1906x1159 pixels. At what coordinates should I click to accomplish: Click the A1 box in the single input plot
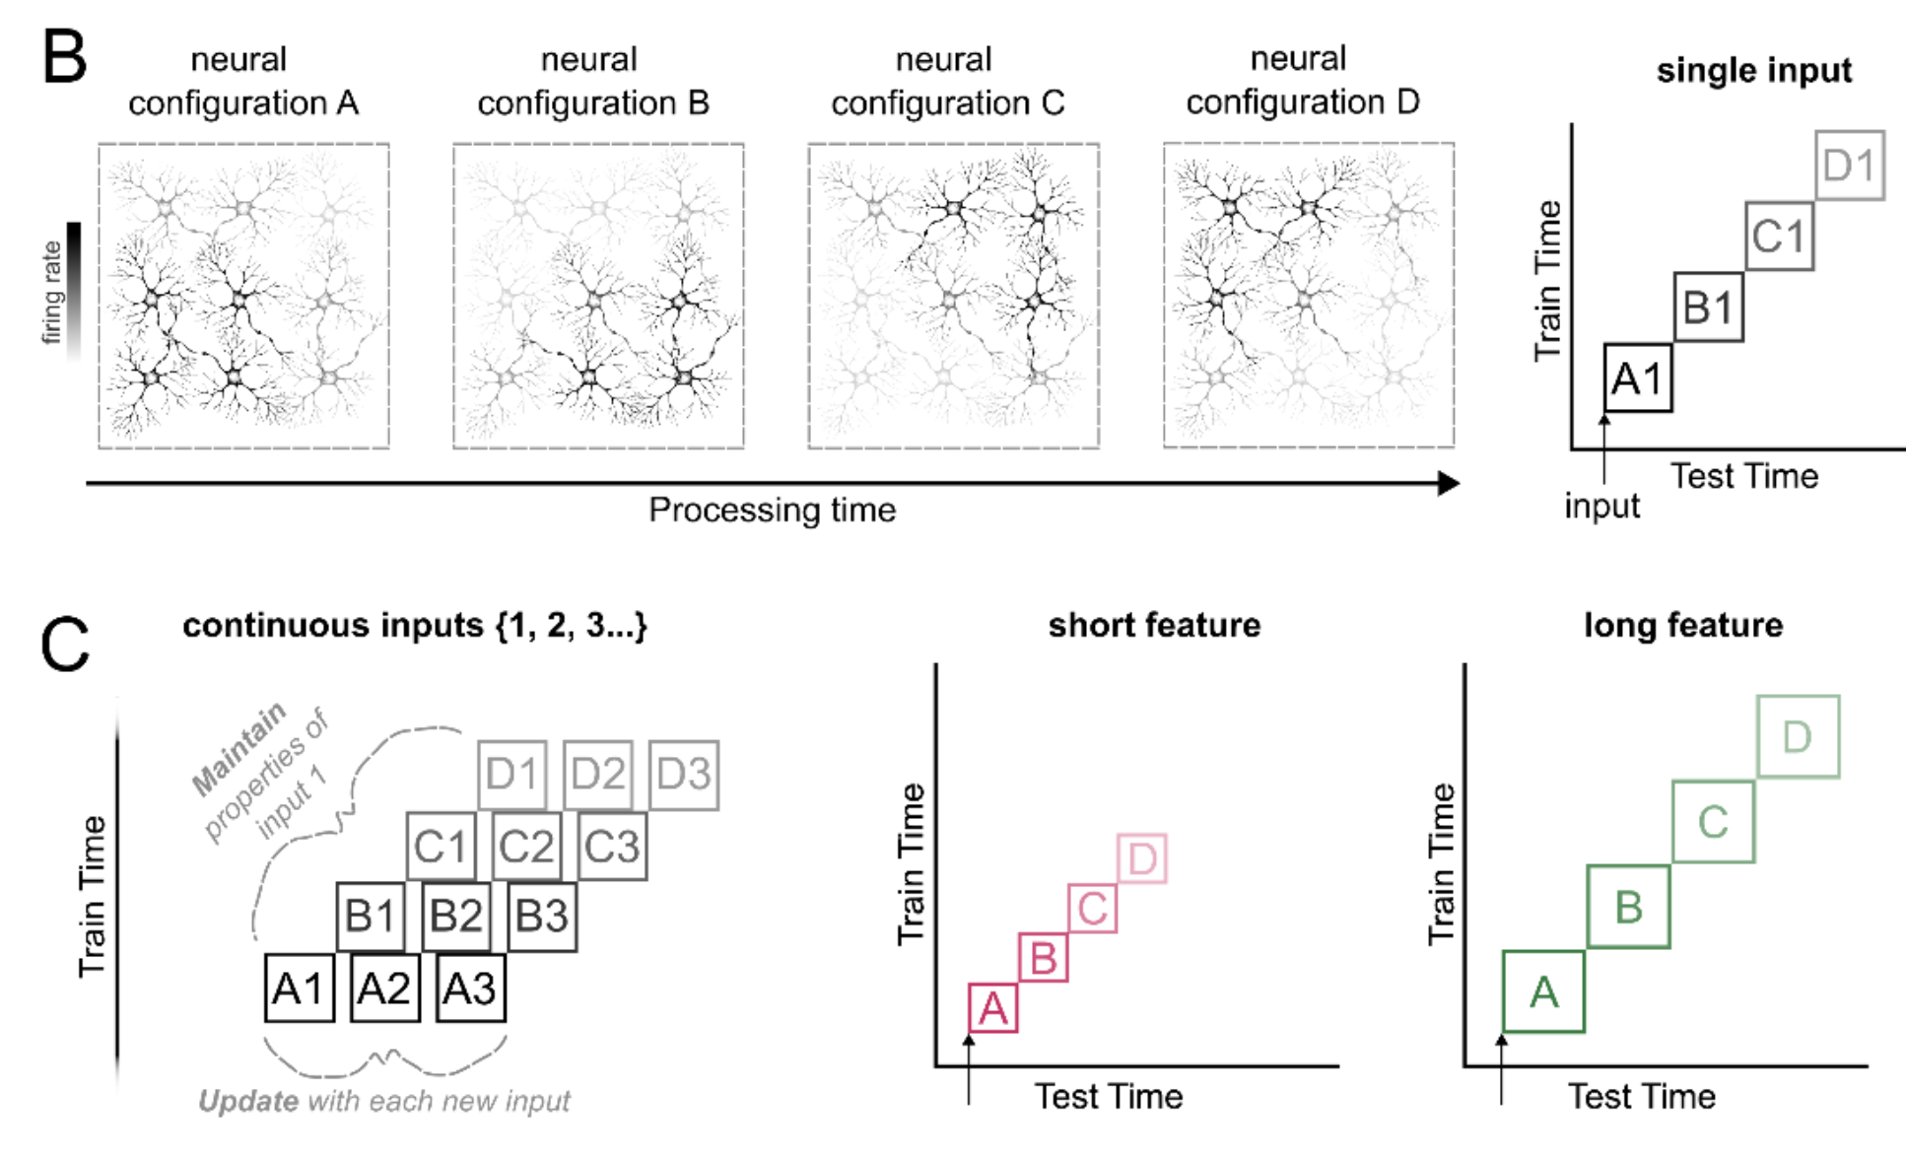[1638, 377]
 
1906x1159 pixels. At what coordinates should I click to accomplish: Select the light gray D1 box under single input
[1850, 166]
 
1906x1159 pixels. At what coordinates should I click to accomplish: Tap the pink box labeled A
[993, 1007]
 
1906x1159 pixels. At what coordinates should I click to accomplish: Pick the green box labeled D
[1798, 737]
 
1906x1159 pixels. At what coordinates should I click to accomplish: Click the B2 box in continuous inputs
[456, 917]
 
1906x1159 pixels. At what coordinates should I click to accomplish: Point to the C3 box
[612, 847]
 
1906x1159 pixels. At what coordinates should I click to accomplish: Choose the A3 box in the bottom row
[471, 988]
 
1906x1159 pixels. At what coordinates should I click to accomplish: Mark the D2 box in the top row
[598, 775]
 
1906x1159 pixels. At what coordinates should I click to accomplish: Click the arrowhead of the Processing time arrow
[1448, 483]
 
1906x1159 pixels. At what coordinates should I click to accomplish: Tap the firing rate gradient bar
[74, 291]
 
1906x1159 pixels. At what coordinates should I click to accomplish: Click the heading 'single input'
[1753, 71]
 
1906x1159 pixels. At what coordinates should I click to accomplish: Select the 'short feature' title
[1154, 625]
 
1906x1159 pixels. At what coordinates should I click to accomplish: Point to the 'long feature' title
[1683, 625]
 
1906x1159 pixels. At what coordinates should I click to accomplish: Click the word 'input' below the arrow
[1601, 506]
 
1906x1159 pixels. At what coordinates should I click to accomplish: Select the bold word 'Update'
[248, 1101]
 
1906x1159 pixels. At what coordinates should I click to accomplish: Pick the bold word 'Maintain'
[238, 748]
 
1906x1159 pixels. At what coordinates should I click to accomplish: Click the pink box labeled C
[1092, 909]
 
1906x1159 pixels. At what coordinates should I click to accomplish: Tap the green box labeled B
[1628, 907]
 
